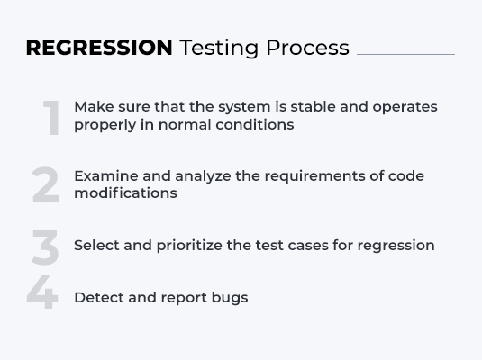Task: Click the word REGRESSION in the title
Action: [99, 48]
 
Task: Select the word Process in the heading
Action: [307, 48]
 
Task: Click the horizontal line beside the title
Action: [405, 54]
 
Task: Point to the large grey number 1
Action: [52, 118]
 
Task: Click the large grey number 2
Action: [45, 185]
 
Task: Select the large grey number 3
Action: [45, 247]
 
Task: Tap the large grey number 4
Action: [41, 292]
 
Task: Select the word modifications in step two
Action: [125, 193]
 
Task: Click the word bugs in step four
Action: [229, 298]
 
